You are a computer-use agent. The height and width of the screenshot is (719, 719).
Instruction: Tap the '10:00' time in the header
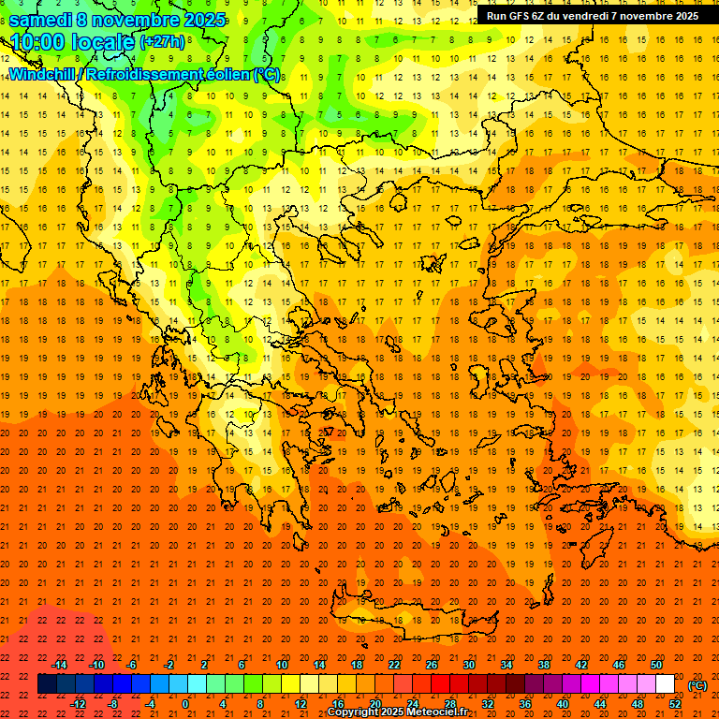tap(41, 41)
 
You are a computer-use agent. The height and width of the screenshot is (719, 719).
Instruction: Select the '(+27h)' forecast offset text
tap(163, 41)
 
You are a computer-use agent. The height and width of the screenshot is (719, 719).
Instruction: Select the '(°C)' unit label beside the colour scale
tap(697, 685)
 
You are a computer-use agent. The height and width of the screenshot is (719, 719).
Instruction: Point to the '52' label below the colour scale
tap(675, 704)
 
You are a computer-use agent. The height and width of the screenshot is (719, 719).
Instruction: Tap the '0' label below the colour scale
tap(185, 704)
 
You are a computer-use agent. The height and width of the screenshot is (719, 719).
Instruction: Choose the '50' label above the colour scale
tap(656, 665)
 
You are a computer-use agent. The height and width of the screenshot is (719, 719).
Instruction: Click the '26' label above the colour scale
tap(432, 665)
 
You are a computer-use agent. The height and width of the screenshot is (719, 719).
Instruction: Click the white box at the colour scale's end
tap(666, 684)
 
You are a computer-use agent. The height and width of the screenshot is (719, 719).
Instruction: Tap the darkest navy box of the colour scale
tap(47, 684)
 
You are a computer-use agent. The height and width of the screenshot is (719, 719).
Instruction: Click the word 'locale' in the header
tap(107, 41)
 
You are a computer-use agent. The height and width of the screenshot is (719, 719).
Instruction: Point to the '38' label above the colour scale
tap(544, 665)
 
